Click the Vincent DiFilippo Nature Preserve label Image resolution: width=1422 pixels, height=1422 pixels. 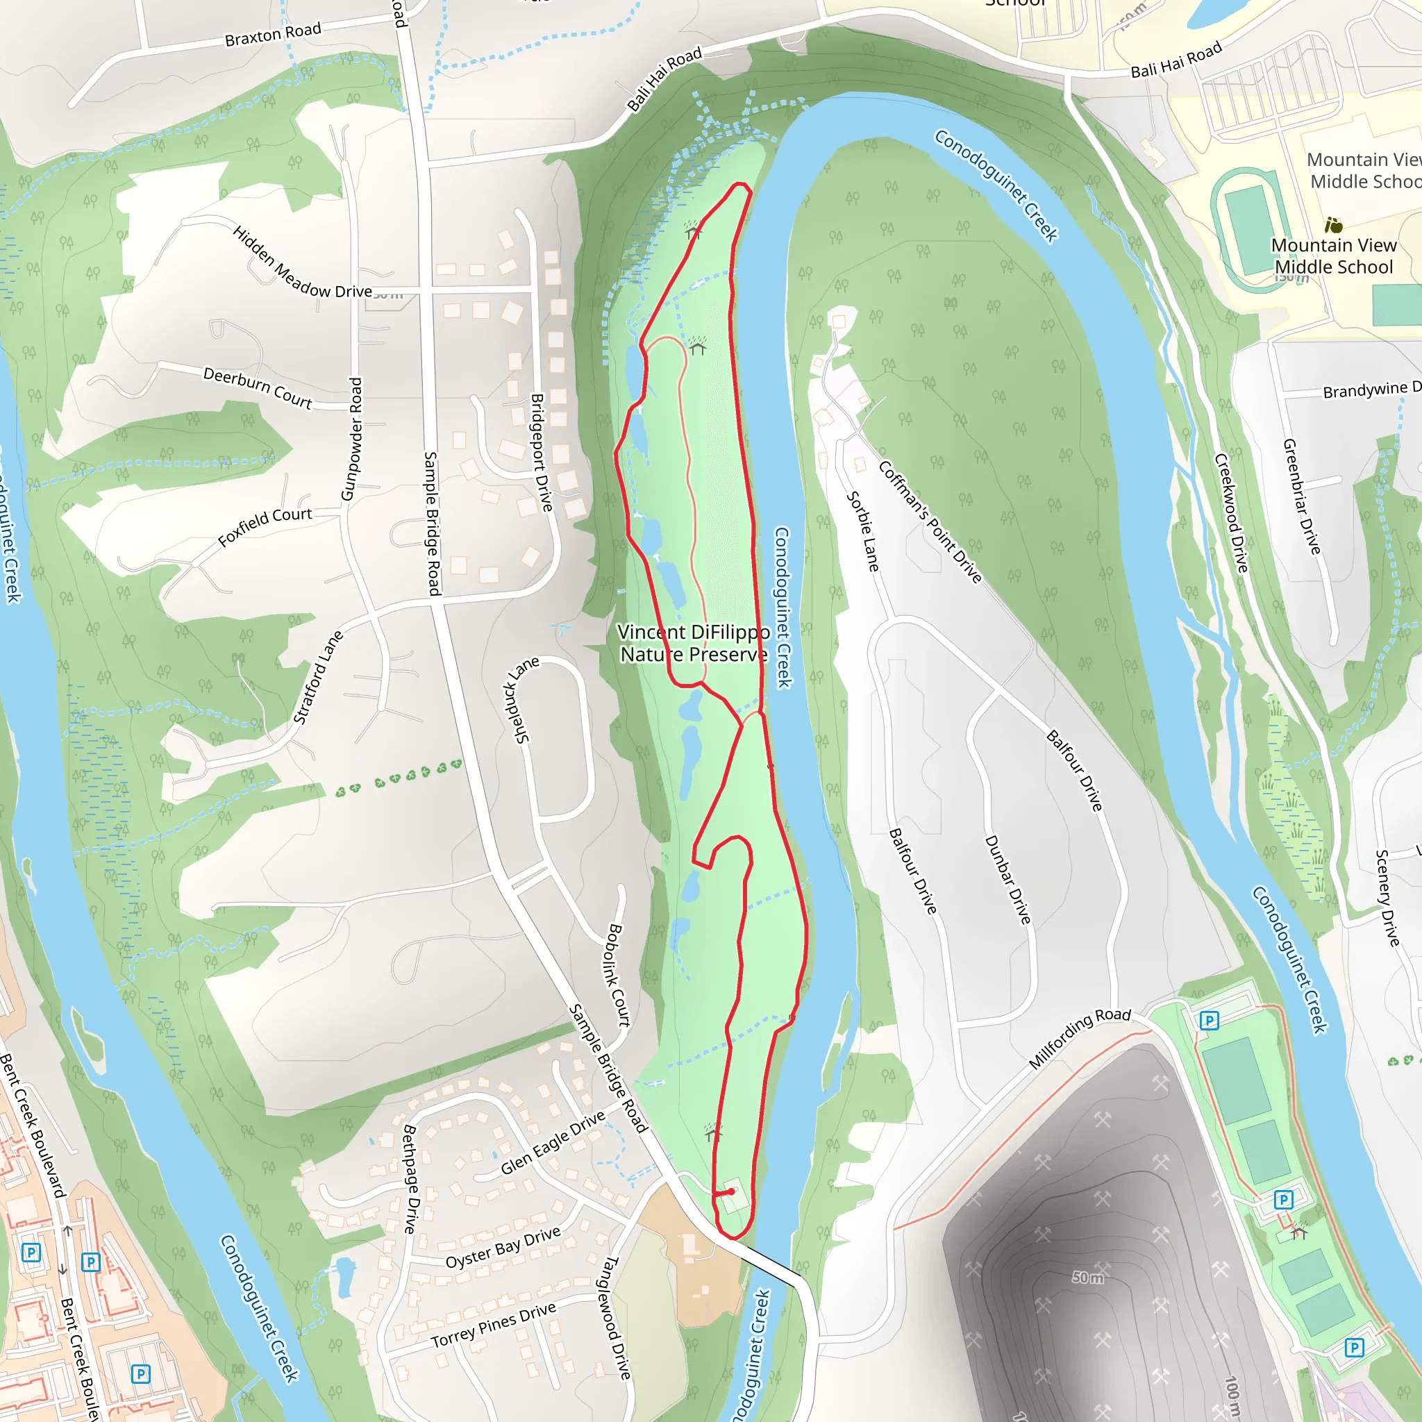[694, 643]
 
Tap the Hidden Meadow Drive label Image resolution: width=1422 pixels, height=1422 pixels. [302, 262]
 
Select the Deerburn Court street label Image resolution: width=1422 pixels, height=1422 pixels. [258, 387]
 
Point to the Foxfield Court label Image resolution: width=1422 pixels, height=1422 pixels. [265, 526]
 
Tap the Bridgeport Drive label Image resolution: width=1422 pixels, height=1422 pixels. [542, 452]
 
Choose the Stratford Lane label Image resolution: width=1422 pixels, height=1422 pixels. [318, 677]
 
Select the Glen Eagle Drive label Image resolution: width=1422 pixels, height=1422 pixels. [553, 1141]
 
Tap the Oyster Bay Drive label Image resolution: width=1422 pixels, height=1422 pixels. [503, 1247]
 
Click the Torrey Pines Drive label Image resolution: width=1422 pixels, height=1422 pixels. [493, 1325]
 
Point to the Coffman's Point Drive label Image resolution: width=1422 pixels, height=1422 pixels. [930, 522]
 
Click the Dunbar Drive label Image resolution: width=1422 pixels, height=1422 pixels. [1007, 880]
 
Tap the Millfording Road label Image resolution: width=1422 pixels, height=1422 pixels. [1079, 1038]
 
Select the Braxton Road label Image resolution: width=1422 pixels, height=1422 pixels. [273, 34]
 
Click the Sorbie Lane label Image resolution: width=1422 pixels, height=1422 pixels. [862, 531]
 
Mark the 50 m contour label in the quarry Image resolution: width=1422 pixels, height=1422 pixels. [1087, 1278]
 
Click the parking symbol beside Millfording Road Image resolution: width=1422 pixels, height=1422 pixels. [1210, 1020]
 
